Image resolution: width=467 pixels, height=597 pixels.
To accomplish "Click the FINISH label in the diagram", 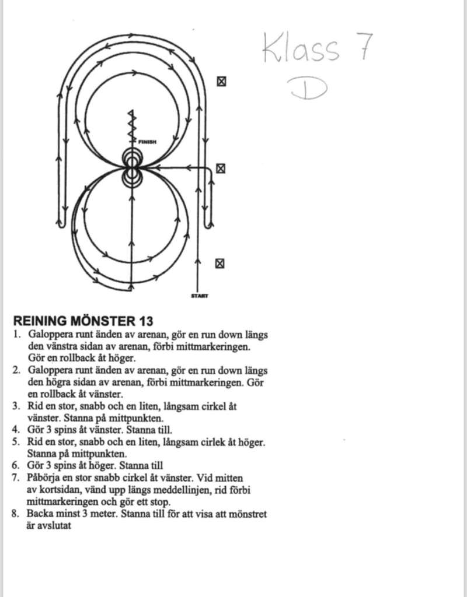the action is tap(147, 142).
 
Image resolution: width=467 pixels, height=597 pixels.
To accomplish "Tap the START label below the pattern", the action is tap(200, 296).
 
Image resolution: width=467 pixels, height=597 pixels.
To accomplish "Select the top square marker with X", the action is tap(221, 82).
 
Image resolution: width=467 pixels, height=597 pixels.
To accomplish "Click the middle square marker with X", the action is tap(221, 168).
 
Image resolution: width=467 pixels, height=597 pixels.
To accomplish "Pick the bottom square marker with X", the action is tap(219, 264).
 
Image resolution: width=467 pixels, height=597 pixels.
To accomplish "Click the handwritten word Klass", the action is tap(301, 48).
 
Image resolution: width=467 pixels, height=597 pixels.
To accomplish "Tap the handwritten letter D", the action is tap(309, 88).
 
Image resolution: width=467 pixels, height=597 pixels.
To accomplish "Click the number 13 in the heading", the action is tap(146, 321).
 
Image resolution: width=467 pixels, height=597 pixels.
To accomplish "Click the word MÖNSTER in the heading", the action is tap(103, 321).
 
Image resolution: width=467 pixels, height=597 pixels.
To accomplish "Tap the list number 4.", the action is tap(16, 430).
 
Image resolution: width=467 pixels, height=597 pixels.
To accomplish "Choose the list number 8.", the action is tap(15, 514).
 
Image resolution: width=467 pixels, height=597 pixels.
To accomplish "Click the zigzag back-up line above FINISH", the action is tap(132, 126).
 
